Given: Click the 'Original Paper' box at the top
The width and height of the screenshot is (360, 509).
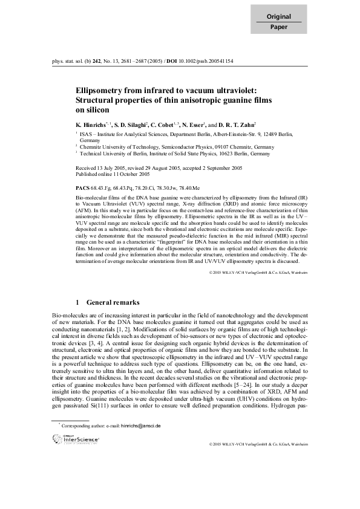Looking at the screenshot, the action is click(279, 21).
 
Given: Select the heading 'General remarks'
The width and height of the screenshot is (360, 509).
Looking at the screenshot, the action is click(113, 302).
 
